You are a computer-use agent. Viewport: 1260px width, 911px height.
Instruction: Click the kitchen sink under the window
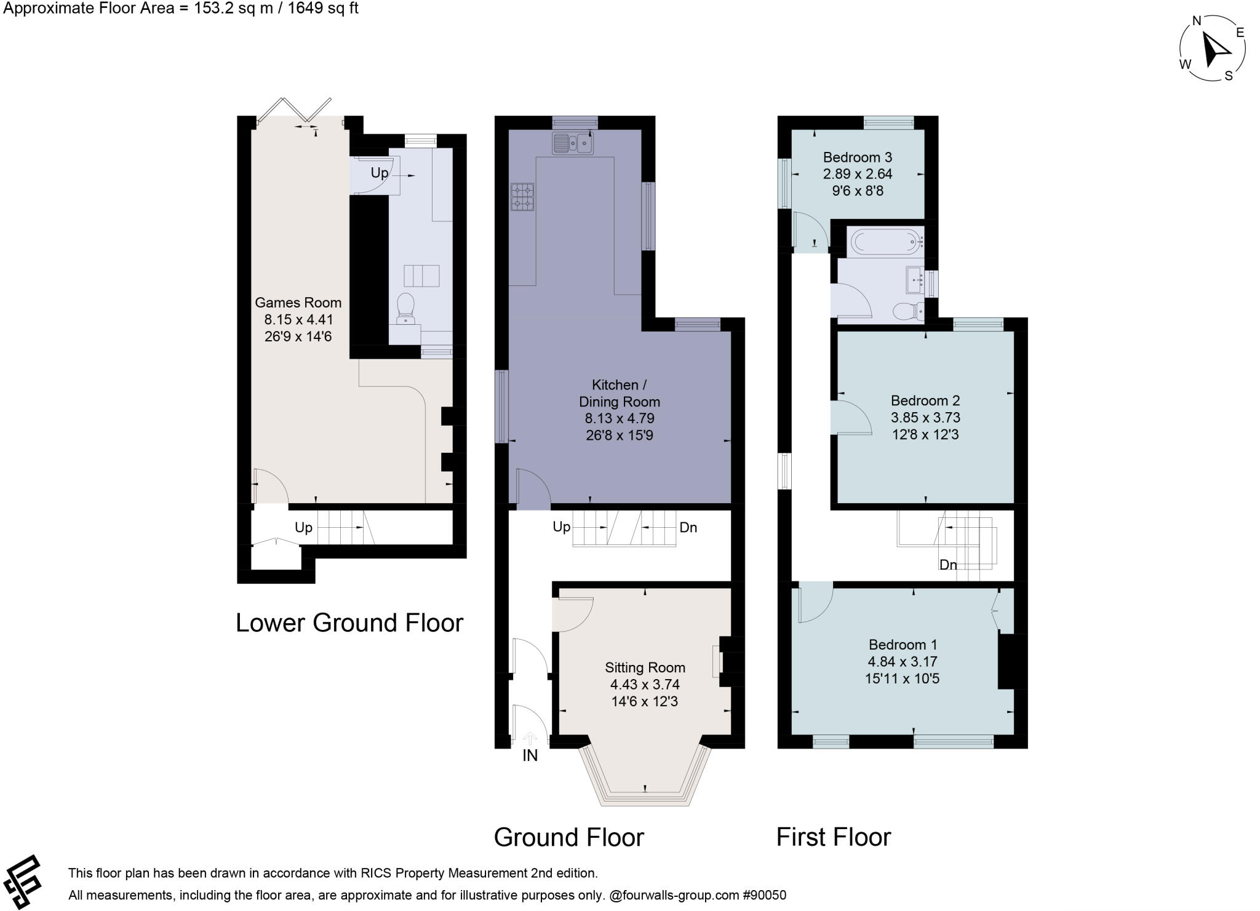click(x=573, y=144)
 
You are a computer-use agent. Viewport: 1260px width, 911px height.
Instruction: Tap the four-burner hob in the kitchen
click(x=522, y=197)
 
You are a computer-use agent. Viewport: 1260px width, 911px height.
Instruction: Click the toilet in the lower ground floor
click(x=405, y=307)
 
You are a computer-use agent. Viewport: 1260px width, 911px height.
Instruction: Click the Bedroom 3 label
click(x=857, y=157)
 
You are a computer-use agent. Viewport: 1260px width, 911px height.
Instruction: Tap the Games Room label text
click(x=298, y=303)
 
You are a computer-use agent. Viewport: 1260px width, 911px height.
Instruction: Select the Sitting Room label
click(x=644, y=667)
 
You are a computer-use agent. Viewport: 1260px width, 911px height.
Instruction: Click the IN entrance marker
click(x=530, y=755)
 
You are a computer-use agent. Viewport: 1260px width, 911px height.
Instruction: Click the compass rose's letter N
click(x=1197, y=22)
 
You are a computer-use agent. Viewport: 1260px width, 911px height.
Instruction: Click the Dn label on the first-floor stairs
click(x=947, y=565)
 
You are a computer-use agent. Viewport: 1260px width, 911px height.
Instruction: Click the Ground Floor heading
click(x=568, y=837)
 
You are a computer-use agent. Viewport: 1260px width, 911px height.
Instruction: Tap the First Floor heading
click(x=833, y=837)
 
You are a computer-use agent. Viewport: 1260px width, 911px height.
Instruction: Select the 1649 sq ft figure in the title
click(x=324, y=9)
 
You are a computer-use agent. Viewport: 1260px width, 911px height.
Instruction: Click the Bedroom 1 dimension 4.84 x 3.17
click(x=903, y=662)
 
